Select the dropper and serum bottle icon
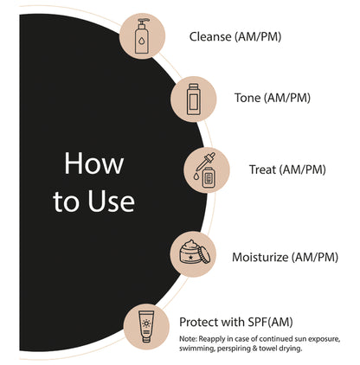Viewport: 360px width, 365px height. tap(209, 170)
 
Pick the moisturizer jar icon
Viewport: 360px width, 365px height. tap(190, 255)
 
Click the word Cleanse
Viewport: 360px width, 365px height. tap(211, 36)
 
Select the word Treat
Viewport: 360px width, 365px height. tap(264, 169)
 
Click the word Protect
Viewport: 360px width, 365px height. tap(198, 321)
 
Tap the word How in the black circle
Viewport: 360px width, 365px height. tap(94, 163)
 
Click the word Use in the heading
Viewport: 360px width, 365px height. tap(111, 202)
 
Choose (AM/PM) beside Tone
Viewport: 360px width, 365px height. tap(289, 97)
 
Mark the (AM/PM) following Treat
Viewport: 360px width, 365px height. tap(303, 169)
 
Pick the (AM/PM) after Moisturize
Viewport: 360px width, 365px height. tap(325, 257)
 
